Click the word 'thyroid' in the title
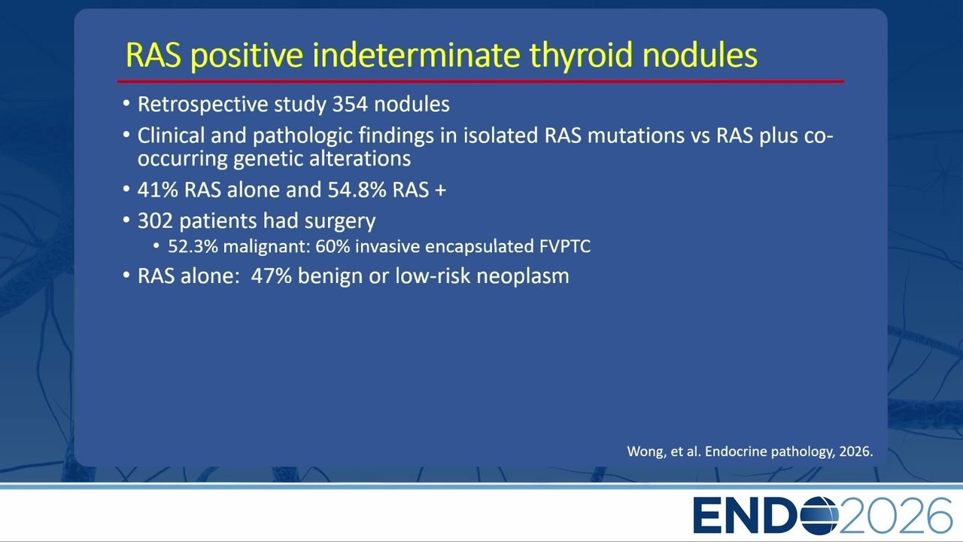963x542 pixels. [x=580, y=55]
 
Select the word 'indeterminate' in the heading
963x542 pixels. [x=416, y=55]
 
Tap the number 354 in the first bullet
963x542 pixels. [x=350, y=104]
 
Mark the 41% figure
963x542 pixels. [x=157, y=190]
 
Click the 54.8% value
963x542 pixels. [x=357, y=190]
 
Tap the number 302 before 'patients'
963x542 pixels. [x=155, y=221]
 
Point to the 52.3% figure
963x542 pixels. [x=193, y=246]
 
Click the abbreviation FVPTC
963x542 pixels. [x=564, y=246]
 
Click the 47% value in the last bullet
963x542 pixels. [x=272, y=276]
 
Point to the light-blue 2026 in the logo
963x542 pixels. [x=895, y=516]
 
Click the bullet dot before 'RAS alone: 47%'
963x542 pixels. [x=126, y=275]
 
